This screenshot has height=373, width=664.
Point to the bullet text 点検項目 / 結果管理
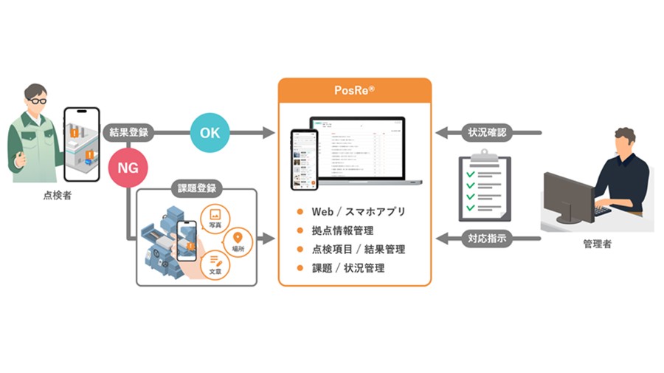pos(358,250)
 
